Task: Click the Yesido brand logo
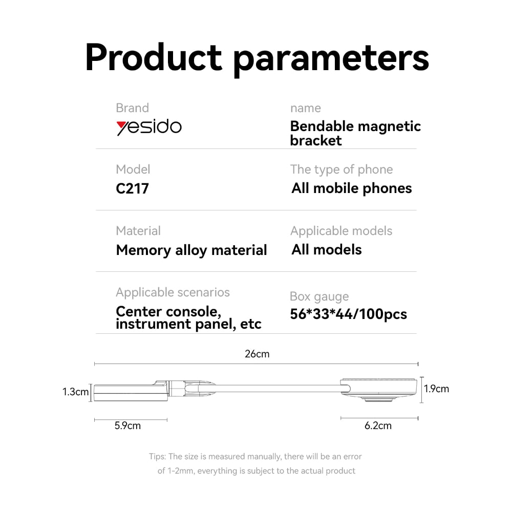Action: coord(149,127)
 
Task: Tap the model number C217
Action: coord(132,189)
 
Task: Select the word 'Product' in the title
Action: coord(154,57)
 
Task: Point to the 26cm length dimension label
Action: coord(258,354)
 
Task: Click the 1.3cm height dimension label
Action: coord(75,392)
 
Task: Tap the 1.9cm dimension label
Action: coord(437,389)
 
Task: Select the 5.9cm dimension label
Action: coord(127,426)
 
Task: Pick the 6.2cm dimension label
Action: coord(378,426)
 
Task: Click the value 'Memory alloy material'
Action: coord(191,250)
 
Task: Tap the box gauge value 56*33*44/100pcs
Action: coord(348,314)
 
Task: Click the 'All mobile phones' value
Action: coord(352,189)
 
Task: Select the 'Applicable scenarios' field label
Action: coord(173,292)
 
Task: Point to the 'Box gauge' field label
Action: coord(319,297)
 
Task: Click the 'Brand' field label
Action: coord(132,108)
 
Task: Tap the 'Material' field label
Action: coord(138,231)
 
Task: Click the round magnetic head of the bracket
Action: coord(379,389)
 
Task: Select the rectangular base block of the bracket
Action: coord(131,393)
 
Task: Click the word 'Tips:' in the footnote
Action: coord(157,457)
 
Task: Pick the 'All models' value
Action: coord(327,250)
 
